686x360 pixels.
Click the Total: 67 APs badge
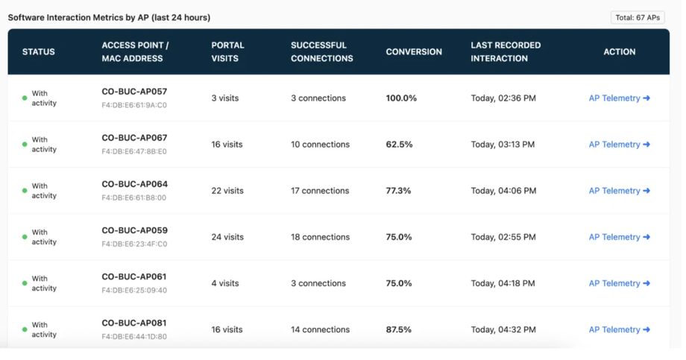[638, 17]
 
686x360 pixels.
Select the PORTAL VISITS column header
[227, 51]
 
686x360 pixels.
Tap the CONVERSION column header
[414, 51]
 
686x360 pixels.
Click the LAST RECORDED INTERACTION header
[506, 51]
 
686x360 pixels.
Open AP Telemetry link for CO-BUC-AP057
[619, 98]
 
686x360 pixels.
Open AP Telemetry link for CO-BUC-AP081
[619, 329]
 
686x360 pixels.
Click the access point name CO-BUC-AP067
[134, 138]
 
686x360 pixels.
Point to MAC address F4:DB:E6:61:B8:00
[134, 198]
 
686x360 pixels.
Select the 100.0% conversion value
[401, 98]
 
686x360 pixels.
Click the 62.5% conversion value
[399, 145]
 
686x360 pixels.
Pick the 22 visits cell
[227, 191]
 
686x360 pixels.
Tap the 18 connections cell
[320, 237]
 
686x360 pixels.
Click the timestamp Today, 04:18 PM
[503, 283]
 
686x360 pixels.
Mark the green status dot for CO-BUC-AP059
[25, 237]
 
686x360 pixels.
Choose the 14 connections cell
[320, 329]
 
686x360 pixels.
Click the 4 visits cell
[225, 283]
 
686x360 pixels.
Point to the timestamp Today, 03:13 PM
[503, 145]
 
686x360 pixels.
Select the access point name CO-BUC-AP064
[134, 184]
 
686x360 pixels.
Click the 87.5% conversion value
[399, 329]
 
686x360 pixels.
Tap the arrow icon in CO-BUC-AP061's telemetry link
[646, 283]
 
